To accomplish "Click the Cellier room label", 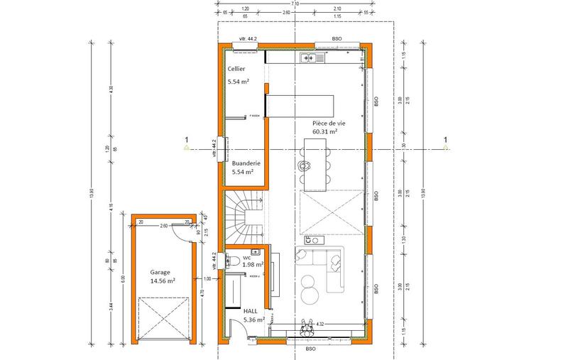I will coord(236,69).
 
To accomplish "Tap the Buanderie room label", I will coord(246,163).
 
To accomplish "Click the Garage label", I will coord(161,271).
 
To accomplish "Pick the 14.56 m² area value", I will coord(163,281).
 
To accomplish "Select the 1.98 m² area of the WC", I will coord(253,265).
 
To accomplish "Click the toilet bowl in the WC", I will coord(230,261).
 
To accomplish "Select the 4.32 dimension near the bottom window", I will coord(320,324).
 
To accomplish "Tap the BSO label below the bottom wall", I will coord(310,349).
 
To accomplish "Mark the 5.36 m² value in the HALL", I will coord(253,320).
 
